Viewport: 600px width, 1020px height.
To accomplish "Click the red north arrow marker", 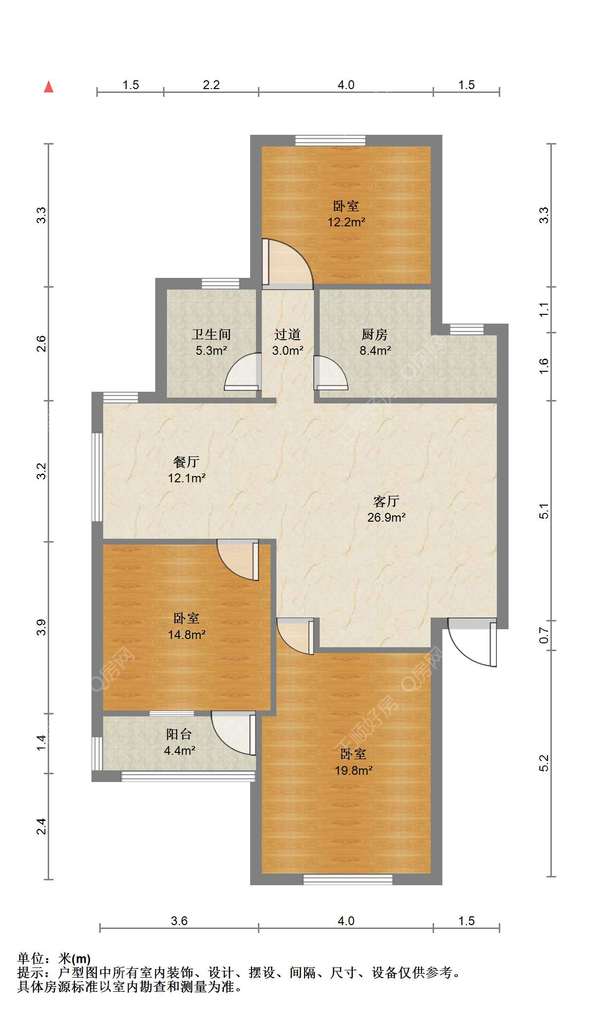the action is [48, 86].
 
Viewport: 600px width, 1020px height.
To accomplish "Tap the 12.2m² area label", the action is [346, 222].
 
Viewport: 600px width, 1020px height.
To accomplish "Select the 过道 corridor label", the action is [288, 335].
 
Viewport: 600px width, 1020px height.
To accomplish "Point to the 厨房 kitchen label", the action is [375, 335].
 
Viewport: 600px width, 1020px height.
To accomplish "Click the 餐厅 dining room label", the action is [186, 463].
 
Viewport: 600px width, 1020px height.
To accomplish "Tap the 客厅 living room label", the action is [387, 502].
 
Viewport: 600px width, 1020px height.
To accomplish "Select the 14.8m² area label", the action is [187, 634].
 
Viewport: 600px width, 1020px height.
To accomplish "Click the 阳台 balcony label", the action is [178, 734].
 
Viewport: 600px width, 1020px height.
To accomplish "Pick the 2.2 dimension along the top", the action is [211, 85].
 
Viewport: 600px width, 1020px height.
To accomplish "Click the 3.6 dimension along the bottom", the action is [179, 920].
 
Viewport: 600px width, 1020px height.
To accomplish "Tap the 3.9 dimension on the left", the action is [42, 629].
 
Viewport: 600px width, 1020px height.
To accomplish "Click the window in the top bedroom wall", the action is [330, 140].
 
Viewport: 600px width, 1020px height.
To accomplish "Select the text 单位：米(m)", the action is [54, 958].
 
